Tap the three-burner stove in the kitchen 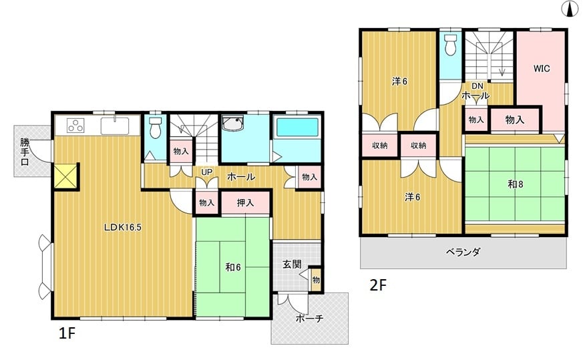[x=76, y=126]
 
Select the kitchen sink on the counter [x=115, y=126]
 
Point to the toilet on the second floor [x=450, y=45]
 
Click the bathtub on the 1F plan [x=297, y=127]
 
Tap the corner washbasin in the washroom [x=232, y=123]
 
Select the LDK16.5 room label [x=123, y=227]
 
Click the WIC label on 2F [x=542, y=68]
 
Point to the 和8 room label [x=516, y=184]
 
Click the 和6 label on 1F [x=233, y=267]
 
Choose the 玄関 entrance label [x=292, y=264]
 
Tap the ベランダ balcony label [x=463, y=252]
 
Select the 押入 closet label [x=245, y=202]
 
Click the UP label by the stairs [x=207, y=172]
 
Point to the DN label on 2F [x=477, y=86]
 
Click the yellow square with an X [x=65, y=176]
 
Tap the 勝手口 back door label [x=25, y=152]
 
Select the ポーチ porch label [x=310, y=319]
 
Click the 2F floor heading [x=378, y=285]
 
